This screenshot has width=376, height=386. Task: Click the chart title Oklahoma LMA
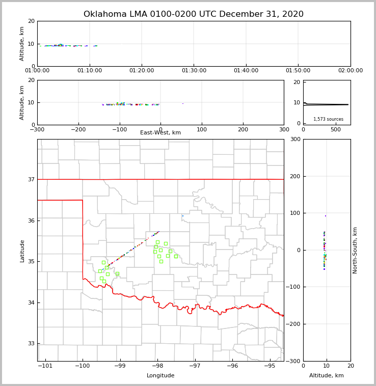[194, 14]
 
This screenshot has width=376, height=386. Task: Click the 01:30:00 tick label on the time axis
[194, 71]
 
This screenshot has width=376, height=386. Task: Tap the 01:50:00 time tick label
[298, 71]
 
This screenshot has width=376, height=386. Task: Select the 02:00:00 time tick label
[350, 71]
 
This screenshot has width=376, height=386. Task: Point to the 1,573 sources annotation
[328, 119]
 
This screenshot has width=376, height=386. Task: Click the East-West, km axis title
[160, 133]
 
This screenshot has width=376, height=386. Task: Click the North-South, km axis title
[355, 250]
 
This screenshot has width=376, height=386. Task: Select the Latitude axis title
[22, 251]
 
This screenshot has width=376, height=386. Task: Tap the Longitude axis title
[160, 376]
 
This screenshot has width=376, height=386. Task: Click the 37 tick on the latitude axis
[31, 179]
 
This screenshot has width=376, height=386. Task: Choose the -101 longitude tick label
[45, 366]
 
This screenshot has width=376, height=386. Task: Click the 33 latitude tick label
[31, 343]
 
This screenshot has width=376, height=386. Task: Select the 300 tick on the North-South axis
[296, 139]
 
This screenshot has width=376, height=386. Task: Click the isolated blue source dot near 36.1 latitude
[183, 216]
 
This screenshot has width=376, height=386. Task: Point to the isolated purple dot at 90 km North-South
[326, 216]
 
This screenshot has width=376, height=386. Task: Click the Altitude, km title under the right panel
[327, 376]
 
